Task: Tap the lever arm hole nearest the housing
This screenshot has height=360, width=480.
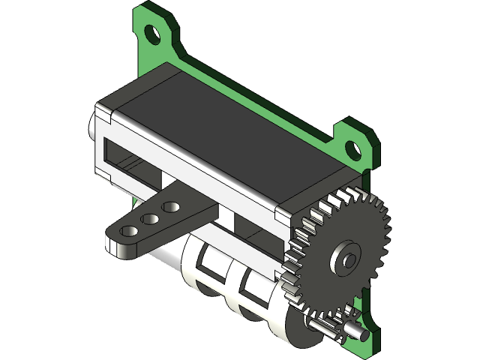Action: pyautogui.click(x=171, y=206)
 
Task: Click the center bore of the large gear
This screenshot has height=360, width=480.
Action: pyautogui.click(x=346, y=259)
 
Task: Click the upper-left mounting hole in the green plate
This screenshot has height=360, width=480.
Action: pyautogui.click(x=153, y=33)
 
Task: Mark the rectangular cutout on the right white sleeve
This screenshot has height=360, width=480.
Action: pyautogui.click(x=248, y=285)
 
